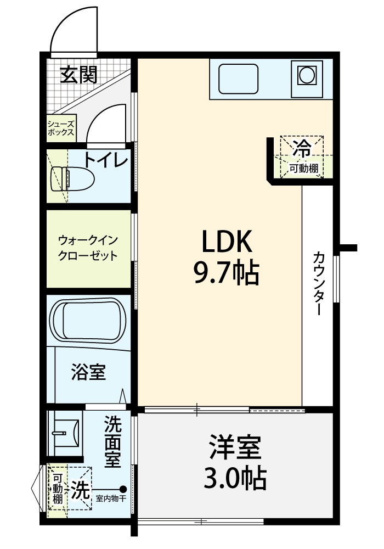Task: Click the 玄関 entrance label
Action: tap(78, 75)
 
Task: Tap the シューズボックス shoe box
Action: tap(61, 128)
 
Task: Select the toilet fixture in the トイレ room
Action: tap(73, 178)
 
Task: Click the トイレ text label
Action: tap(106, 160)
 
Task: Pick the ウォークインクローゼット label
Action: tap(88, 248)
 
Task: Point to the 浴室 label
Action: tap(88, 372)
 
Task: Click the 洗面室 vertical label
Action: tap(112, 441)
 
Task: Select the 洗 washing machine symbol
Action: tap(81, 489)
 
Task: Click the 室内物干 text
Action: tap(111, 498)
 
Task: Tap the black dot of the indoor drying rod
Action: tap(123, 489)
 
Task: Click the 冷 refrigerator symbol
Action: tap(302, 148)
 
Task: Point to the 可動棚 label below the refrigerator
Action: tap(304, 169)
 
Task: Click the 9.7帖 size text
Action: tap(226, 273)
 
